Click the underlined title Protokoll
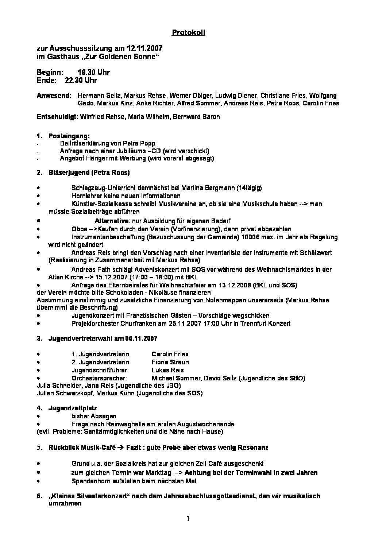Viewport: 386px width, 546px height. [188, 33]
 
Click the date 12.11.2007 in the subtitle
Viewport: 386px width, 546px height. [144, 49]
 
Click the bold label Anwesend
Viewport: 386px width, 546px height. [53, 96]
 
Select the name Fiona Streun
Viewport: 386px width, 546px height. [170, 362]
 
